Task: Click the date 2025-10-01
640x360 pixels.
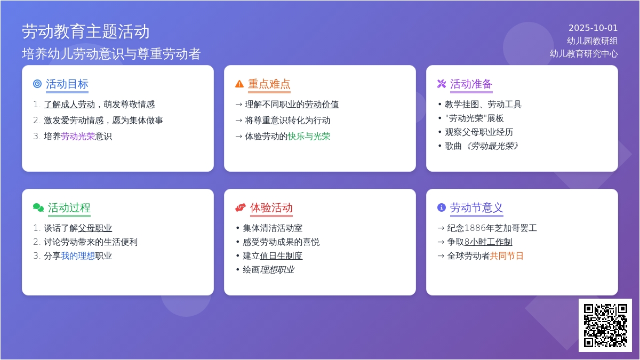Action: [593, 28]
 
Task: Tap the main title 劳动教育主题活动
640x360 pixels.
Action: [86, 31]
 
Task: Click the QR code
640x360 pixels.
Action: [605, 325]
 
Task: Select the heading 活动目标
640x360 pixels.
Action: [67, 84]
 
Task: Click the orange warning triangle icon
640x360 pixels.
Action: [239, 84]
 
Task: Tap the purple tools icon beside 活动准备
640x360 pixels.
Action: [442, 84]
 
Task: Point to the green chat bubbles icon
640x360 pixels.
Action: [38, 207]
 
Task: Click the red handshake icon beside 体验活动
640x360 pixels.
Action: [241, 207]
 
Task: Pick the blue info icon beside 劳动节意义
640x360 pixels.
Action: [442, 207]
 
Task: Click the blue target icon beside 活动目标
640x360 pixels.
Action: [37, 84]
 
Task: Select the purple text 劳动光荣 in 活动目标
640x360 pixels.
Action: [78, 137]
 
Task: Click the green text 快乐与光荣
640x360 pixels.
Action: [309, 137]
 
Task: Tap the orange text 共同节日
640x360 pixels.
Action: [507, 255]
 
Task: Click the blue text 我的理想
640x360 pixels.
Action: [78, 255]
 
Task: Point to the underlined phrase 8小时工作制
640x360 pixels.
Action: [489, 242]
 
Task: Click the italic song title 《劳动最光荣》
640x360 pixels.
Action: [491, 146]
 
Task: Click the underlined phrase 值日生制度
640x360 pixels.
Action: [281, 255]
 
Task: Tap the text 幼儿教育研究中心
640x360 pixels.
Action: [583, 54]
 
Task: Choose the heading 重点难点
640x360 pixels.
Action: [269, 84]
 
